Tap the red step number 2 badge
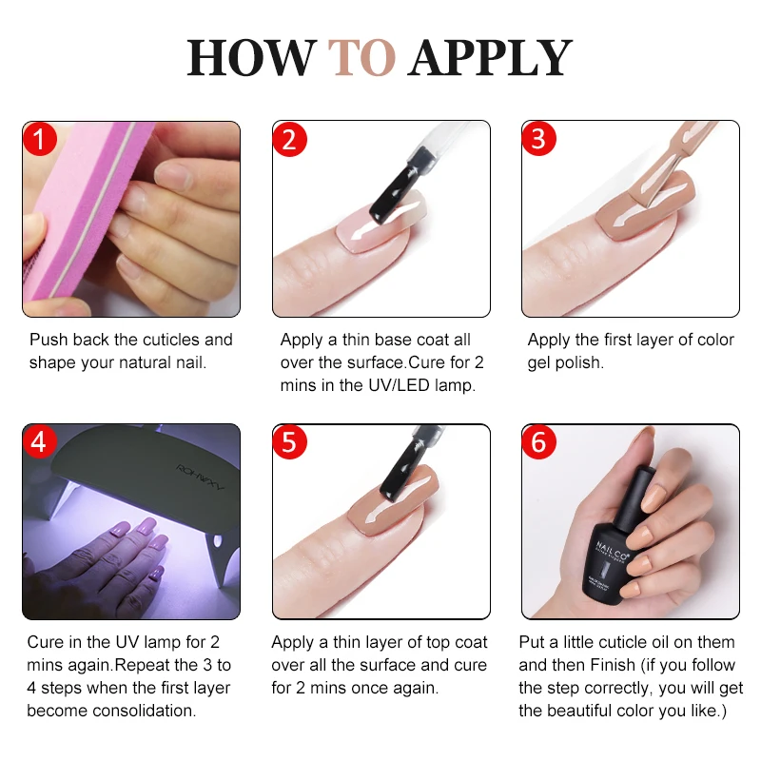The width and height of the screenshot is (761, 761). click(x=290, y=140)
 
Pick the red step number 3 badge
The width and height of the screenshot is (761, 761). click(x=539, y=140)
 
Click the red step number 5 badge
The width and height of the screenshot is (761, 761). click(x=290, y=442)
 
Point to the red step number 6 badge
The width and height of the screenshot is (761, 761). click(x=539, y=442)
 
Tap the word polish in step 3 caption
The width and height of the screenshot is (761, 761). click(x=576, y=362)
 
